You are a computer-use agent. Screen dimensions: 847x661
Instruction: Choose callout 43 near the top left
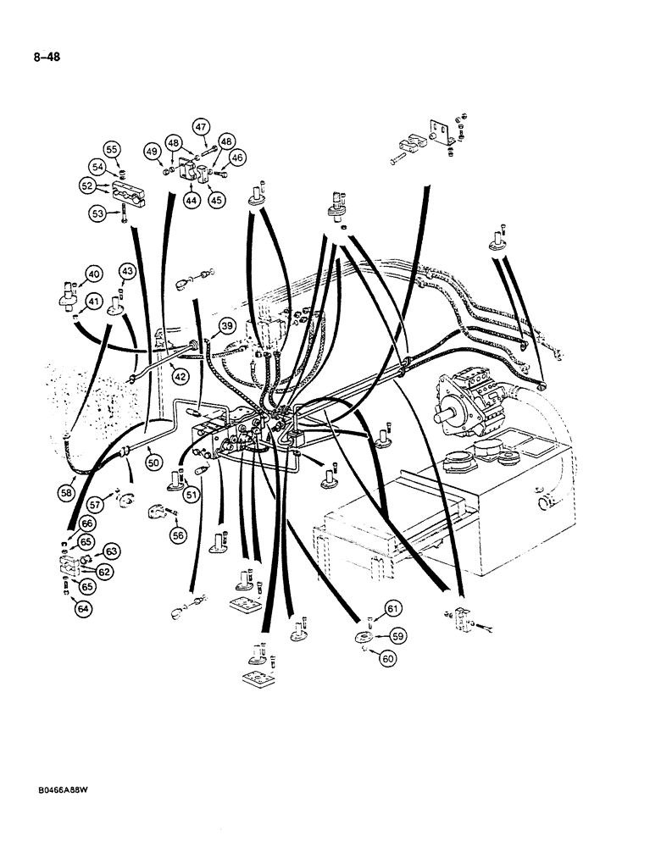pos(126,270)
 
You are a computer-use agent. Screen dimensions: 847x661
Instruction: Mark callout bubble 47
pos(201,127)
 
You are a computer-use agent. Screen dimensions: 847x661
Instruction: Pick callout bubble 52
pos(86,186)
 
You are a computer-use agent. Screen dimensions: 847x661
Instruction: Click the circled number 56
pos(177,534)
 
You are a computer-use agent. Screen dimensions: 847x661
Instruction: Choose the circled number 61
pos(392,608)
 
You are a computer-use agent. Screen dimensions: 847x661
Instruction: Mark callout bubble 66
pos(64,525)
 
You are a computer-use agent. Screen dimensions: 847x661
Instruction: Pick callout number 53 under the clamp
pos(100,214)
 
